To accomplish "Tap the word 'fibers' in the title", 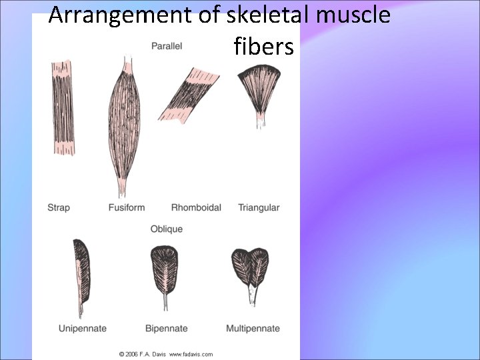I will (264, 47).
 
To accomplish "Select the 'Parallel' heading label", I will (167, 47).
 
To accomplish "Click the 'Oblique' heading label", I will (166, 229).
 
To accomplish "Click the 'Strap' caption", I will (59, 207).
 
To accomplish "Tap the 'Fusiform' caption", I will (126, 207).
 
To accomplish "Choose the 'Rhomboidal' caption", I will (196, 207).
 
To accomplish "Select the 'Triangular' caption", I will (259, 207).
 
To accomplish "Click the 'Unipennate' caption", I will (82, 328).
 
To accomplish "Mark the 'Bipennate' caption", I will (166, 328).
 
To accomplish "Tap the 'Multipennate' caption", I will (253, 328).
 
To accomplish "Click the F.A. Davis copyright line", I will (165, 353).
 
